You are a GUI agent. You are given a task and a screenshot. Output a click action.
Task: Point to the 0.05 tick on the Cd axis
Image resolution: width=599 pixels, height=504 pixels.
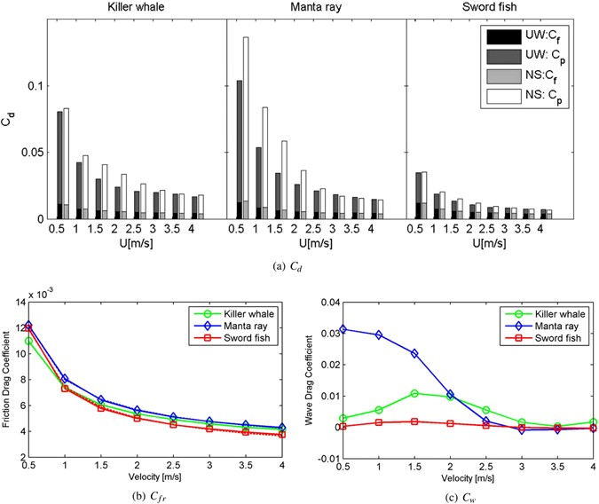pos(32,153)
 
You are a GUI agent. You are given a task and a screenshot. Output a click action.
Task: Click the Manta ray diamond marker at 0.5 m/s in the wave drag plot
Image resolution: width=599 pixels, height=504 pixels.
pos(345,329)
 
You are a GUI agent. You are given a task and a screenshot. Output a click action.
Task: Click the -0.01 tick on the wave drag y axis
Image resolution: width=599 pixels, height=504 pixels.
pos(327,458)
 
